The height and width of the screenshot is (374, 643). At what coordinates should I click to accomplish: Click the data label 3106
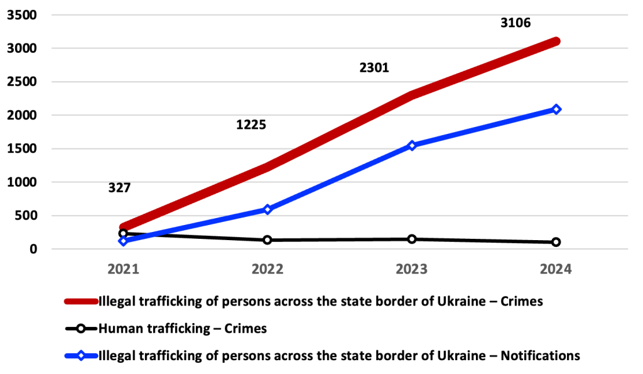(516, 23)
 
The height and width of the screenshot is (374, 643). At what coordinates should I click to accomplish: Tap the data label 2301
(374, 68)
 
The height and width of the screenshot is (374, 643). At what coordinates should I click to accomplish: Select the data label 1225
(251, 124)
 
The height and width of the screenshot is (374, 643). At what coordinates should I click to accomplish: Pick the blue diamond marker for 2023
(412, 145)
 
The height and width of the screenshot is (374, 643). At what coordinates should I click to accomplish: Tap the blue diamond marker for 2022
(267, 209)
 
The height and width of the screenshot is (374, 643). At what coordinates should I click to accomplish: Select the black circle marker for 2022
(267, 239)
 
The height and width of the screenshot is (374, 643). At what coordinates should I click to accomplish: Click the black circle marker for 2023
(412, 239)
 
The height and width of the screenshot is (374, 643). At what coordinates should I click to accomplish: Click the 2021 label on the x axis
(123, 270)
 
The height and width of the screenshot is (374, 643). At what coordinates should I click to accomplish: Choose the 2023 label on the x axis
(412, 270)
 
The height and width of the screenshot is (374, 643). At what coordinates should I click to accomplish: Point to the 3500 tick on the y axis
(22, 14)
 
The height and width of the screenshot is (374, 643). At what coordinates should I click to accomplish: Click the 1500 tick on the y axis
(22, 148)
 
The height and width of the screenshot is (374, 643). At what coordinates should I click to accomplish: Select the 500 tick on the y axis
(26, 216)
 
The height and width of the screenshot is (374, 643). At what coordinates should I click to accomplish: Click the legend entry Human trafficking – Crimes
(183, 328)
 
